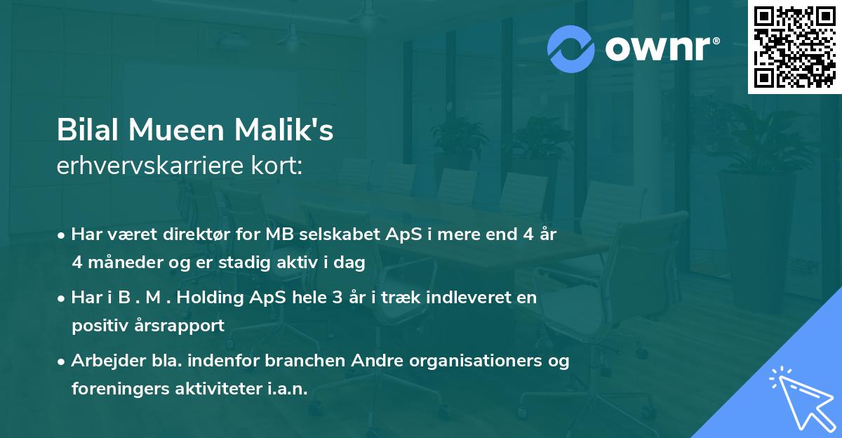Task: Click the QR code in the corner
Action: (794, 47)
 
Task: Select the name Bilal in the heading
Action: (87, 131)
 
